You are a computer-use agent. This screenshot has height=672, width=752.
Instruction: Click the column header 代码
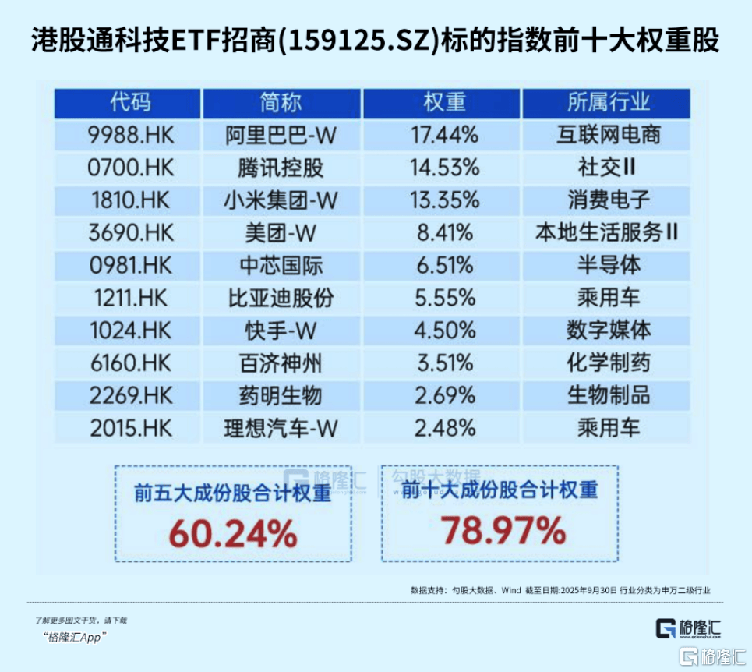pyautogui.click(x=129, y=102)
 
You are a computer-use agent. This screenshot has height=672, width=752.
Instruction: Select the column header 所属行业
pyautogui.click(x=608, y=102)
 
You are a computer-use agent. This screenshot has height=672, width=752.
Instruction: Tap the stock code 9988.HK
pyautogui.click(x=129, y=135)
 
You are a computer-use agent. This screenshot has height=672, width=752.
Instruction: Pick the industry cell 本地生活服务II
pyautogui.click(x=608, y=232)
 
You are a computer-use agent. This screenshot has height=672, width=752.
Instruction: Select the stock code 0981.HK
pyautogui.click(x=129, y=265)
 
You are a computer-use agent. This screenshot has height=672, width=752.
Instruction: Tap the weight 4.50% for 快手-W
pyautogui.click(x=443, y=331)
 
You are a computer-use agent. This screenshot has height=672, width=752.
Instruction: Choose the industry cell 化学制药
pyautogui.click(x=608, y=363)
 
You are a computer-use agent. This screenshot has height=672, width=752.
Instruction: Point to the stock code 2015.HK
pyautogui.click(x=129, y=428)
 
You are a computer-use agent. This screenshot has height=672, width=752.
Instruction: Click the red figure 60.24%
pyautogui.click(x=233, y=535)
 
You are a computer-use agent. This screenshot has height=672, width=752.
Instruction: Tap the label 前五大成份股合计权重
pyautogui.click(x=232, y=494)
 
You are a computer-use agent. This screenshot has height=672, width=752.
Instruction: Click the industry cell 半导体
pyautogui.click(x=608, y=265)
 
